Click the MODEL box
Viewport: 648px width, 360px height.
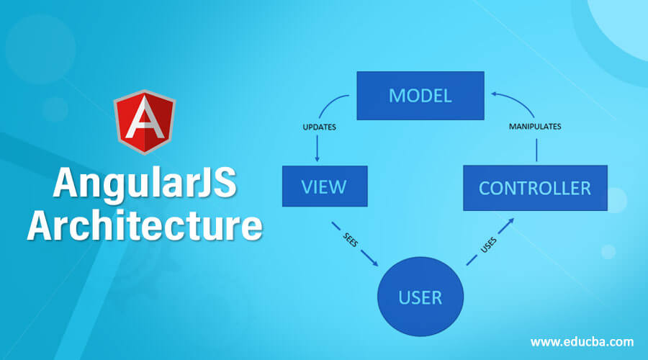(420, 96)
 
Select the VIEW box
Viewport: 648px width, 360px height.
(324, 186)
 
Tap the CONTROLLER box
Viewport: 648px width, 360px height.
(535, 187)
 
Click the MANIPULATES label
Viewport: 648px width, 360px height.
(535, 126)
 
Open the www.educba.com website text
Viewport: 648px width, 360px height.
(582, 341)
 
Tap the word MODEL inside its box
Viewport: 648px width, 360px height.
(420, 96)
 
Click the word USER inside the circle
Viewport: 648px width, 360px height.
(421, 297)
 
